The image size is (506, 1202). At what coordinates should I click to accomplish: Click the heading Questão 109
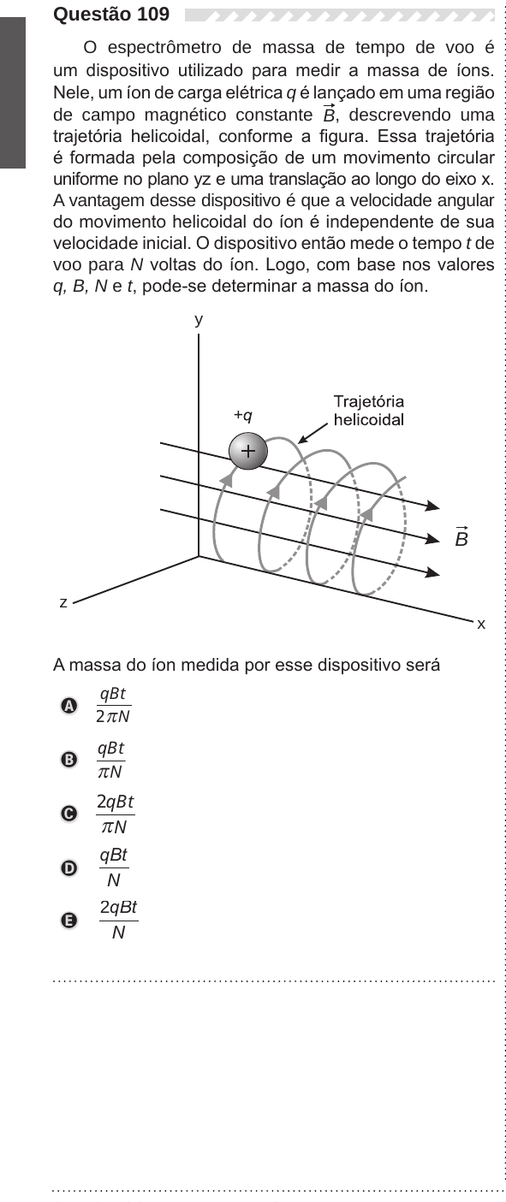[111, 14]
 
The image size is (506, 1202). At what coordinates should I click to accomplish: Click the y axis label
[199, 320]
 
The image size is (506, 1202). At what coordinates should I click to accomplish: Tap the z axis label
[63, 602]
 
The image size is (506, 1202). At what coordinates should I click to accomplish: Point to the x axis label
[481, 624]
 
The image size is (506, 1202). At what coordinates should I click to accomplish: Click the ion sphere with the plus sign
[248, 451]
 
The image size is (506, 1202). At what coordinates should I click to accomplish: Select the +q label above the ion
[243, 415]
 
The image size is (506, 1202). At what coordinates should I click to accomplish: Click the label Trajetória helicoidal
[368, 411]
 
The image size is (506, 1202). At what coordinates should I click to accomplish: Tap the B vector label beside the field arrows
[461, 536]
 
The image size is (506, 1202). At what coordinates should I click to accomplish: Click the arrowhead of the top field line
[433, 506]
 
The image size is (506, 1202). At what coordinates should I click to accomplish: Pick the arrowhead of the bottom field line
[433, 572]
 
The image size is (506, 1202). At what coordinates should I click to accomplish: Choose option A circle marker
[68, 706]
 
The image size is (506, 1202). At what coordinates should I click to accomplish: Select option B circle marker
[68, 760]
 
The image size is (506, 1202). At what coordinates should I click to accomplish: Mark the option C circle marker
[68, 814]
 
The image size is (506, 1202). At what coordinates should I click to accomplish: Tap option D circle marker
[68, 867]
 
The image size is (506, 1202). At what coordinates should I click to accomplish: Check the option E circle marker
[68, 921]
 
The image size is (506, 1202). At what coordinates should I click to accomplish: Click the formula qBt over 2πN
[113, 705]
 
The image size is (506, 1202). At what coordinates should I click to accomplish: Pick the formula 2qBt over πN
[116, 814]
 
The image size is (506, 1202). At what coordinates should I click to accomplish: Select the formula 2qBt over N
[119, 921]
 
